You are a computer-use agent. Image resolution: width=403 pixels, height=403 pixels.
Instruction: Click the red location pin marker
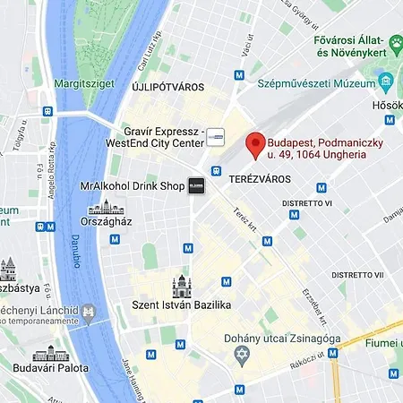pos(255,144)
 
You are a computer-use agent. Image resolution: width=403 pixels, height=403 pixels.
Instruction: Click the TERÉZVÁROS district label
pos(261,180)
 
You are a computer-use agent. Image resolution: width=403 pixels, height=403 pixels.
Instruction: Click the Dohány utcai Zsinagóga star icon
pos(239,356)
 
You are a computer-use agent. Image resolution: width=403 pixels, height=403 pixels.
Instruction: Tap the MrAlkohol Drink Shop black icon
pos(196,186)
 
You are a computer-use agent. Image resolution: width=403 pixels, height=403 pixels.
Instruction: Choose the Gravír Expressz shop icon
pos(215,139)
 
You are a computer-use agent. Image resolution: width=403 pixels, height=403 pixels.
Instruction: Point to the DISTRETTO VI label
pos(307,203)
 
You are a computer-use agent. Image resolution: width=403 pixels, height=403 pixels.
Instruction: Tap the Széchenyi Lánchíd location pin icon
pos(89,313)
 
